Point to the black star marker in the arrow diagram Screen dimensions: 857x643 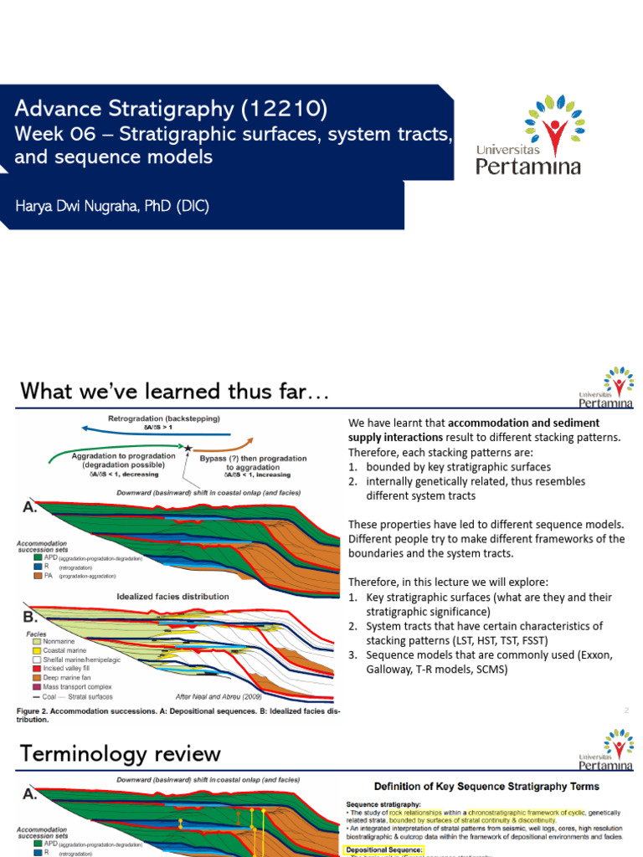tap(188, 449)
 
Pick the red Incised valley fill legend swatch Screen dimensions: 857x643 tap(35, 669)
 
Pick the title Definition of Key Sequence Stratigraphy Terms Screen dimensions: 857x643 tap(486, 786)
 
